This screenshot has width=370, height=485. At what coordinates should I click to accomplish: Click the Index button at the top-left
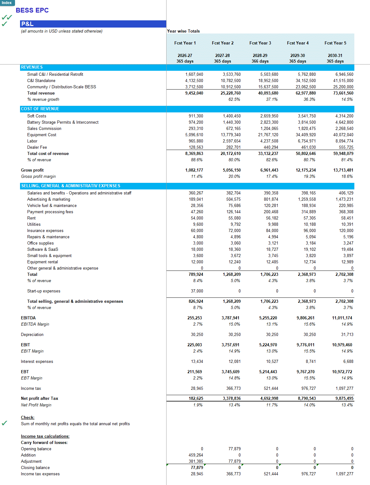pyautogui.click(x=7, y=3)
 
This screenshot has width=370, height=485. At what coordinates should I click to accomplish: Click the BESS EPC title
pyautogui.click(x=32, y=10)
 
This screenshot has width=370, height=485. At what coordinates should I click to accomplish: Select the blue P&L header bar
pyautogui.click(x=93, y=24)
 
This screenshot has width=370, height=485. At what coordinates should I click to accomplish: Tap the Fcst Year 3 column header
pyautogui.click(x=260, y=43)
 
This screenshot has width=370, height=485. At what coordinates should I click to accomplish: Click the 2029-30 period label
pyautogui.click(x=297, y=55)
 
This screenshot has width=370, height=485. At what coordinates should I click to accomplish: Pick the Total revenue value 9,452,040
pyautogui.click(x=194, y=93)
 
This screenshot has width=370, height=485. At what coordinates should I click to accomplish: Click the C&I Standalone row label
pyautogui.click(x=41, y=80)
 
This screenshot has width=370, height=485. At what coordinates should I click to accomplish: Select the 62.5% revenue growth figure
pyautogui.click(x=234, y=99)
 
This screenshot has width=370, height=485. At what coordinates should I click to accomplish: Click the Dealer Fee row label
pyautogui.click(x=37, y=147)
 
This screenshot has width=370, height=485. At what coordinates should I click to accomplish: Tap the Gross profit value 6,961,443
pyautogui.click(x=269, y=170)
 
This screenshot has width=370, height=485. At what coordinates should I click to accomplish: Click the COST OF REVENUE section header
pyautogui.click(x=40, y=109)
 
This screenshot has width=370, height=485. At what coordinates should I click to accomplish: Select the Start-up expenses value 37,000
pyautogui.click(x=197, y=291)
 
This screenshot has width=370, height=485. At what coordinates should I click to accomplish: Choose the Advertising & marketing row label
pyautogui.click(x=49, y=199)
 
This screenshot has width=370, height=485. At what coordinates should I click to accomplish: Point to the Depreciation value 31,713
pyautogui.click(x=347, y=334)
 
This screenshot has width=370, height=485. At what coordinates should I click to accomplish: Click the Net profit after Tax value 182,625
pyautogui.click(x=196, y=398)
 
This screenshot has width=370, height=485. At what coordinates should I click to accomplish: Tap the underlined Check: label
pyautogui.click(x=28, y=417)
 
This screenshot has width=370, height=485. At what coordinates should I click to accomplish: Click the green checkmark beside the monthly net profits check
pyautogui.click(x=4, y=423)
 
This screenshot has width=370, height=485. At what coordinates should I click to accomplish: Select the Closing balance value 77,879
pyautogui.click(x=197, y=467)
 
